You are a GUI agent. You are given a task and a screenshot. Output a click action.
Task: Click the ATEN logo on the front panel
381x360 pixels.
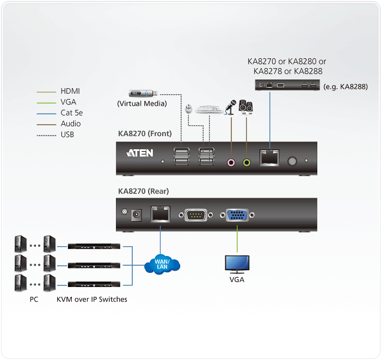[140, 153]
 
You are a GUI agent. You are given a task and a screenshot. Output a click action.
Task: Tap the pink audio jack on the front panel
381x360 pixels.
[231, 162]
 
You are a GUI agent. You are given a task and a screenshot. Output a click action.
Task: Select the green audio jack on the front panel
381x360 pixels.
[247, 162]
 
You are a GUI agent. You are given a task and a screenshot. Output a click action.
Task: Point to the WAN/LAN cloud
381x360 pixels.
[162, 265]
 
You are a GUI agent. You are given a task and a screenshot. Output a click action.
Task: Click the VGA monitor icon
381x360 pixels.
[237, 264]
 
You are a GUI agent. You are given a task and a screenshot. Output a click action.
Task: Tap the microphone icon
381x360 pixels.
[230, 107]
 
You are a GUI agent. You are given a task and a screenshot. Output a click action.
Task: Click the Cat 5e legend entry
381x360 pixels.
[71, 113]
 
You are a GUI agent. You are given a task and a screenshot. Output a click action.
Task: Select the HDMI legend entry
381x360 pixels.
[70, 91]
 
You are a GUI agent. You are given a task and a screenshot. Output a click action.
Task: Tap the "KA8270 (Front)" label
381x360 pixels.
[145, 133]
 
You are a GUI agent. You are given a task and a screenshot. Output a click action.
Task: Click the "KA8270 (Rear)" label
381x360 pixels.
[143, 191]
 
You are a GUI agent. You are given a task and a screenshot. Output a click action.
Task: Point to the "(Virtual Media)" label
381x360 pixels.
[142, 103]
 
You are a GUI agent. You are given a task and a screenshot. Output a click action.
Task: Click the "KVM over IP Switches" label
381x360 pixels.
[91, 299]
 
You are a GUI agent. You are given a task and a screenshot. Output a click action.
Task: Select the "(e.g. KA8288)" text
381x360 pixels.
[345, 87]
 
